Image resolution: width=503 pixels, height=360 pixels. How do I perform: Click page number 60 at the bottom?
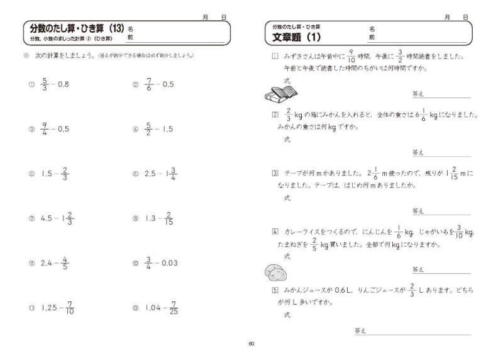click(251, 344)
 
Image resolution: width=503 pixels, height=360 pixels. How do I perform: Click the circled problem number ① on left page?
click(30, 84)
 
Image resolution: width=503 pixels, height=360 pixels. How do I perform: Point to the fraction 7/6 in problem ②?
click(149, 83)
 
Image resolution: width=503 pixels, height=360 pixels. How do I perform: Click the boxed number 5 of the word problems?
click(275, 290)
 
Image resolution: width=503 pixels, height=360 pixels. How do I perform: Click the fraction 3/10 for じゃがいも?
click(459, 231)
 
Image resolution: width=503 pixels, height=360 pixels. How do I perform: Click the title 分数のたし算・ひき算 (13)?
click(75, 28)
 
